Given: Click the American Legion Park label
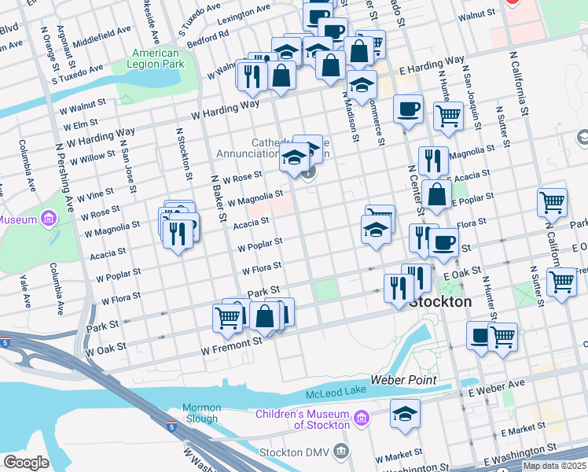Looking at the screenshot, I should (156, 58).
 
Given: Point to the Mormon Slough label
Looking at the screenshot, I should (200, 413).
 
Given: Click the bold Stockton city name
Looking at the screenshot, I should (441, 302).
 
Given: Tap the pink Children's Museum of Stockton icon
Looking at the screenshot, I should (361, 417).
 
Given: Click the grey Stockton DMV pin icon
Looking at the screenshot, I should (340, 451).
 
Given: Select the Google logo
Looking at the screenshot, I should (26, 463).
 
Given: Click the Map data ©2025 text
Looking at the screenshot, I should (554, 466).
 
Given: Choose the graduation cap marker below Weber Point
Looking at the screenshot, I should (406, 415).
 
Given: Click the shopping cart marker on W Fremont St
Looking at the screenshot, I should (227, 318).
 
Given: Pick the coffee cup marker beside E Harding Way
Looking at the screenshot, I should (408, 110).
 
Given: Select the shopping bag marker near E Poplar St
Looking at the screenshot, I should (436, 195).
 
